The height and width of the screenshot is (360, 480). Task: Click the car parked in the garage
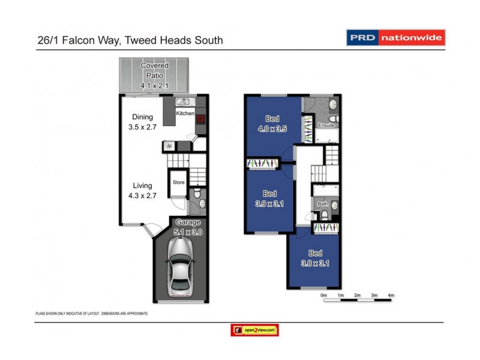[181, 268]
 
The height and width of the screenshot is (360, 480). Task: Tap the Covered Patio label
[154, 76]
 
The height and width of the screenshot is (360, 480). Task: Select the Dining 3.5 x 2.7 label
[143, 122]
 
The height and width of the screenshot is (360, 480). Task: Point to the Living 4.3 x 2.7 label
[143, 190]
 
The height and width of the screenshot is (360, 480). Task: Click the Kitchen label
[185, 113]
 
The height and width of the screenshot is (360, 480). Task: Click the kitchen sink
[184, 102]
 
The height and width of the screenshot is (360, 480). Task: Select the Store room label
[178, 182]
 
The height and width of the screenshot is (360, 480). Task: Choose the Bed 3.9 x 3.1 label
[269, 198]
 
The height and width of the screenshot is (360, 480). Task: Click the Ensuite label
[326, 125]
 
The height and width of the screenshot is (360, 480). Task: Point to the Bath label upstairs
[323, 204]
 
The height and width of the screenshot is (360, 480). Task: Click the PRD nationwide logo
[396, 38]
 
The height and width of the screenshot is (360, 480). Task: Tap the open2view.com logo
[254, 330]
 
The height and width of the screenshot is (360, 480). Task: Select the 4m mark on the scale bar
[391, 295]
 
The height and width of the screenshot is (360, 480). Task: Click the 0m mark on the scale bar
[323, 295]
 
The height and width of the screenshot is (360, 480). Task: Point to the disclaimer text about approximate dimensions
[92, 313]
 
